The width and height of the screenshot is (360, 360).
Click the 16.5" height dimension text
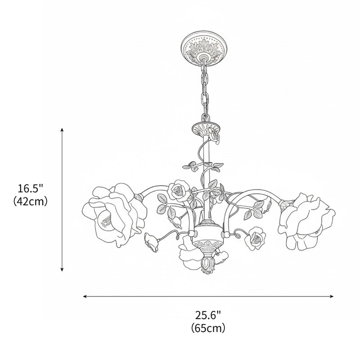point(31,188)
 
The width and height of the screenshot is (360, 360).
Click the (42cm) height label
point(31,201)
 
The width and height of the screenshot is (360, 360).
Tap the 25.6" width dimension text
point(208,315)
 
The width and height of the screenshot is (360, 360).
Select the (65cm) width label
point(208,328)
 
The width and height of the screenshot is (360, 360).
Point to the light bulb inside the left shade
point(104,219)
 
